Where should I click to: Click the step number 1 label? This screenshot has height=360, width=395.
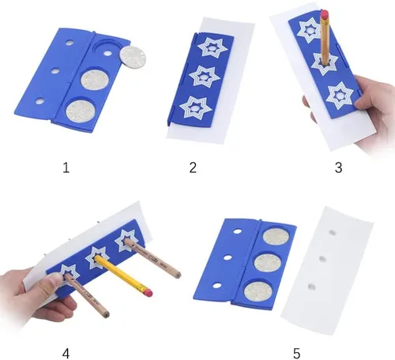click(66, 167)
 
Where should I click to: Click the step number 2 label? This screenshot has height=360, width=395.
click(193, 167)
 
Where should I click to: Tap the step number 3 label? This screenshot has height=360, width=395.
click(338, 167)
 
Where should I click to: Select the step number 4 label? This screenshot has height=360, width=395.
click(66, 354)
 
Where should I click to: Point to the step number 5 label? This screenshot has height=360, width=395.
click(296, 354)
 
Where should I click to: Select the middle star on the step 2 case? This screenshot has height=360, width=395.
click(205, 77)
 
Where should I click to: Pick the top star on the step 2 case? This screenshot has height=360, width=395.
click(213, 47)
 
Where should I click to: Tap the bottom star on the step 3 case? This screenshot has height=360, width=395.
click(340, 96)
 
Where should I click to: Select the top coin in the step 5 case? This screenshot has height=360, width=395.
click(276, 236)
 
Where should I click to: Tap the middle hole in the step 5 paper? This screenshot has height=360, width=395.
click(322, 259)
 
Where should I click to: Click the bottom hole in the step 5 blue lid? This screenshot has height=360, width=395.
click(216, 285)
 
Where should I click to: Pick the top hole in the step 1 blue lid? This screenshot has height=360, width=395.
click(70, 42)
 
